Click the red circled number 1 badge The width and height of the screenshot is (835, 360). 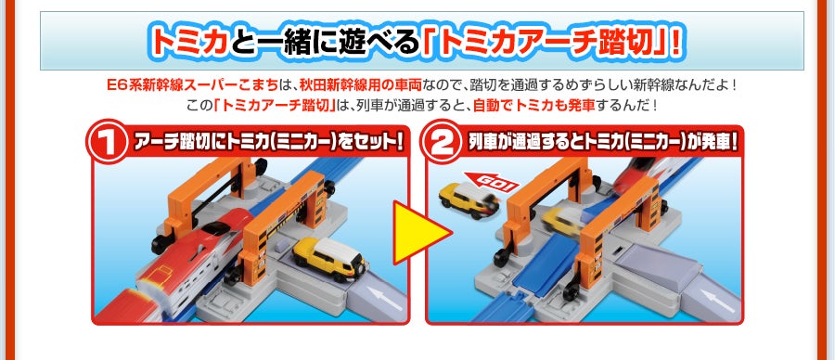click(x=109, y=141)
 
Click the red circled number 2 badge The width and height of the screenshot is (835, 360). click(x=441, y=141)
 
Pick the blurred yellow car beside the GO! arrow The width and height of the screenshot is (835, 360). click(x=469, y=200)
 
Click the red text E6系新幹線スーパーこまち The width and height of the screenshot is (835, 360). click(x=193, y=85)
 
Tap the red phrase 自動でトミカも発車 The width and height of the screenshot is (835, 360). click(x=533, y=104)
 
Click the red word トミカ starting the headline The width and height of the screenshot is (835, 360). click(x=190, y=42)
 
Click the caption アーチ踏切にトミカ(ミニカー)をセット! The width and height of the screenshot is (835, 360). click(x=267, y=143)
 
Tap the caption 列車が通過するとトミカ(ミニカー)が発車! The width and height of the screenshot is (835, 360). click(x=602, y=143)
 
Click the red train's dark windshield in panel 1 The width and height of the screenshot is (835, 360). click(x=217, y=228)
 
